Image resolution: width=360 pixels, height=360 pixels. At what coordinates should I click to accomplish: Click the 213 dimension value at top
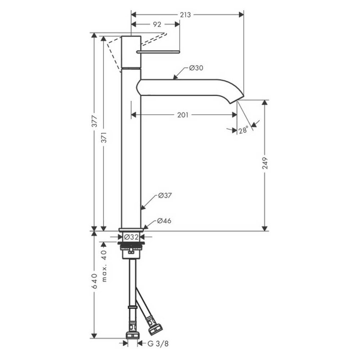pyautogui.click(x=185, y=15)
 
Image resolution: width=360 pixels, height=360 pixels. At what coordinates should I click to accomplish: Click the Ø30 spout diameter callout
pyautogui.click(x=196, y=68)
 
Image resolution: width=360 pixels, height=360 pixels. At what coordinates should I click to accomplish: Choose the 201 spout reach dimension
pyautogui.click(x=183, y=115)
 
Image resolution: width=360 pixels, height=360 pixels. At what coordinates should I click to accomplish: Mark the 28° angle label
pyautogui.click(x=243, y=131)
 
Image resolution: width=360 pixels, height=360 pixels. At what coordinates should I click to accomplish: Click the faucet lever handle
pyautogui.click(x=158, y=52)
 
